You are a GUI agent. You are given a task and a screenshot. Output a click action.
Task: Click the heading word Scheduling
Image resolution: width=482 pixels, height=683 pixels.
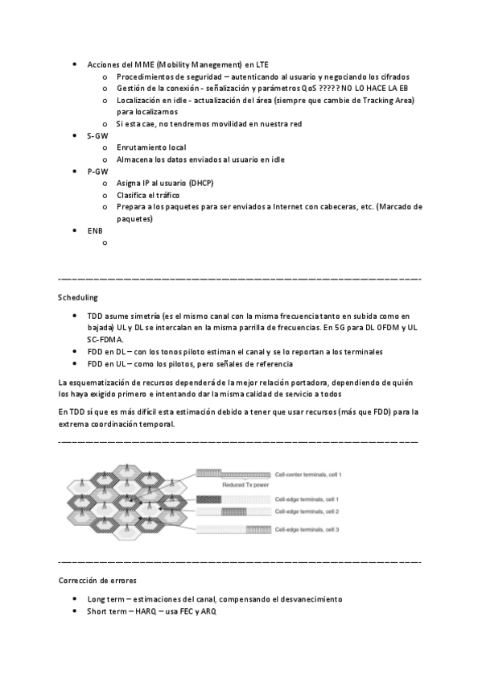pyautogui.click(x=78, y=297)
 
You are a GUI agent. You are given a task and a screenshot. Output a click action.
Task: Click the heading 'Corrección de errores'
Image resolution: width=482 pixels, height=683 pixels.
pyautogui.click(x=98, y=580)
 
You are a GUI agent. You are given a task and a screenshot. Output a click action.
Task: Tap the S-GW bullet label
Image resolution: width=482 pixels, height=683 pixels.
pyautogui.click(x=97, y=136)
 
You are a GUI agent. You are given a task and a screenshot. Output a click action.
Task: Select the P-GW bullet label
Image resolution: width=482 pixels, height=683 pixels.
pyautogui.click(x=97, y=172)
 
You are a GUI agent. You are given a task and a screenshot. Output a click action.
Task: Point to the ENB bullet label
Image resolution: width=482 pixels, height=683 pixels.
pyautogui.click(x=94, y=230)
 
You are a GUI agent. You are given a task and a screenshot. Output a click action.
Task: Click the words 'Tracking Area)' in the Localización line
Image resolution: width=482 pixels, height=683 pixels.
pyautogui.click(x=386, y=100)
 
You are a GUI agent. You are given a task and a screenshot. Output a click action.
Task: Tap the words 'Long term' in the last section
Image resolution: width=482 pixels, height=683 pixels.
pyautogui.click(x=105, y=599)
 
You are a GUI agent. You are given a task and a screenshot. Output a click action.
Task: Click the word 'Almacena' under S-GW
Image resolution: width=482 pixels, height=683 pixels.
pyautogui.click(x=134, y=160)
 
